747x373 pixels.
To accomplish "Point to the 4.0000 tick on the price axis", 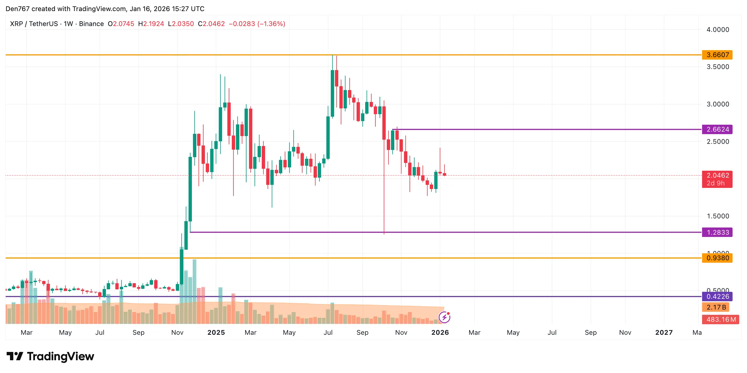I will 717,30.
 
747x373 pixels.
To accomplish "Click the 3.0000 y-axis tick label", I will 717,104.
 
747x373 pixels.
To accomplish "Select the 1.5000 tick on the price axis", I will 717,216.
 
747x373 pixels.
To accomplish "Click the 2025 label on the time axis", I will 216,333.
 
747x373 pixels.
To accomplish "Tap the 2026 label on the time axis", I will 440,333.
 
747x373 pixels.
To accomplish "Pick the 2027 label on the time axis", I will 664,333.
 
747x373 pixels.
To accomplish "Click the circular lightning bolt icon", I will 444,317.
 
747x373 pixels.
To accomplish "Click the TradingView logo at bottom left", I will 50,356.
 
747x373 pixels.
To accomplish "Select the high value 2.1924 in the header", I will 153,24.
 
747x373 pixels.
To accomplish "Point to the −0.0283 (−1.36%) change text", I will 257,24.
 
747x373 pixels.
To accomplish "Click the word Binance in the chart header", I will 91,24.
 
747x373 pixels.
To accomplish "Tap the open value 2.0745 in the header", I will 123,24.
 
